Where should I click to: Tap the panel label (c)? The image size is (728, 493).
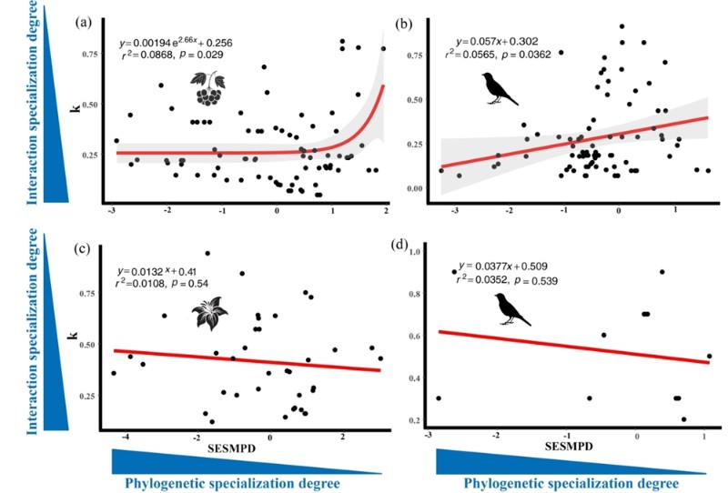[x=81, y=246]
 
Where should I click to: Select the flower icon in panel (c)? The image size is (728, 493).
[x=207, y=317]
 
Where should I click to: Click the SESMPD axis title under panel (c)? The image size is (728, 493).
[x=239, y=449]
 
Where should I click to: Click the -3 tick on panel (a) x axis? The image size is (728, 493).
[x=112, y=210]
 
